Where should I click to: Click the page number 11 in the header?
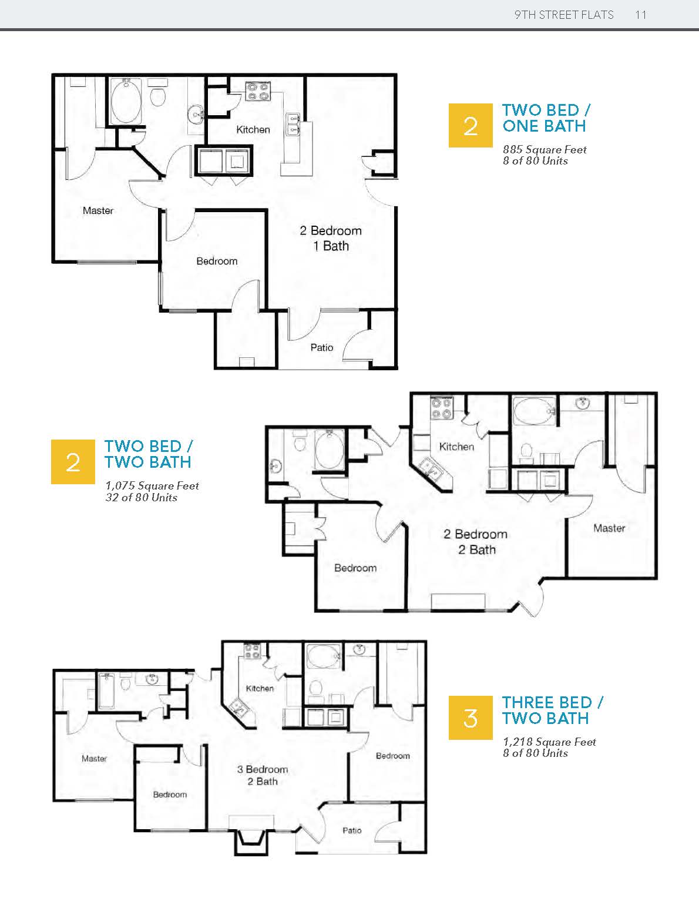click(x=640, y=15)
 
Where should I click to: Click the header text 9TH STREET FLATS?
click(x=564, y=15)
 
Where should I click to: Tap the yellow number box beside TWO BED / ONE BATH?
click(x=471, y=125)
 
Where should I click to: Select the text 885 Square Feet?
click(x=545, y=149)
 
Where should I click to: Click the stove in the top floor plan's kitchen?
click(x=257, y=92)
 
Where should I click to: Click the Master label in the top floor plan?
click(x=98, y=211)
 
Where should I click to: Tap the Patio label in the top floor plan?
click(x=322, y=347)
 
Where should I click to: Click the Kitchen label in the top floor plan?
click(x=253, y=129)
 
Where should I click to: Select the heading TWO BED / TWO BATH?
click(x=149, y=454)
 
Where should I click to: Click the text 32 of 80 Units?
click(x=142, y=497)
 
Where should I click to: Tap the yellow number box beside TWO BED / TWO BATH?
click(x=73, y=462)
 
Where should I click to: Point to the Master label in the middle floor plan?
click(x=609, y=528)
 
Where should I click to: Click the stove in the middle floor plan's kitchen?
click(x=442, y=408)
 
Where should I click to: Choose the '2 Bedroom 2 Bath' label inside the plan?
click(x=476, y=542)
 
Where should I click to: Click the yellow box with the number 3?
click(x=471, y=718)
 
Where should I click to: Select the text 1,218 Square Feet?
click(x=550, y=742)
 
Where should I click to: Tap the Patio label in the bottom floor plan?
click(x=352, y=830)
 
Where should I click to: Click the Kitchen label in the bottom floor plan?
click(x=260, y=688)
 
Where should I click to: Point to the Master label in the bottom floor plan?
click(x=94, y=759)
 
